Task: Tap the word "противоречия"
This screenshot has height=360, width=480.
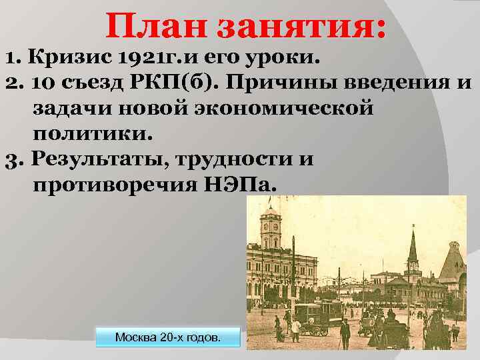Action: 111,183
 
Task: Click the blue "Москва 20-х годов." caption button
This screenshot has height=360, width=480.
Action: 167,337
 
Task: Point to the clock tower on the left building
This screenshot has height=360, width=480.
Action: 270,230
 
